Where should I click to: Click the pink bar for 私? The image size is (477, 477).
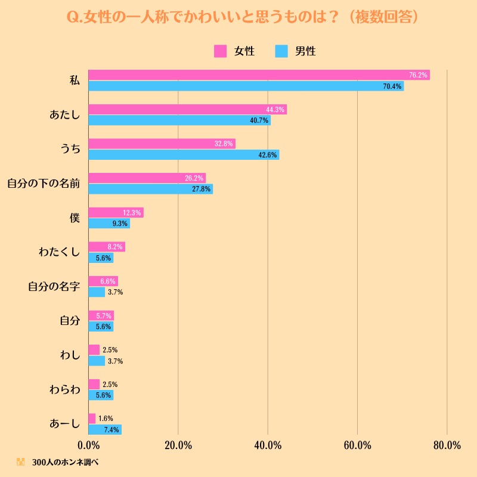click(x=259, y=75)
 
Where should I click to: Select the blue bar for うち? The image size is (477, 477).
click(x=184, y=154)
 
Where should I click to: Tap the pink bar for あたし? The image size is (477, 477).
click(x=188, y=110)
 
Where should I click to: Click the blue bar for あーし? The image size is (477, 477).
click(x=105, y=429)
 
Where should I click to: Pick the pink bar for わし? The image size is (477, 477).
click(x=94, y=350)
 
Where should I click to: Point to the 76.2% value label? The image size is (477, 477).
click(x=418, y=75)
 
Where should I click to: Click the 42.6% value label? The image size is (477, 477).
click(x=267, y=155)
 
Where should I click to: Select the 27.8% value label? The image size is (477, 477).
click(x=201, y=189)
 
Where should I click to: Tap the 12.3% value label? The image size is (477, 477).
click(x=132, y=213)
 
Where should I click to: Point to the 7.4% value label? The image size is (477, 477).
click(x=111, y=430)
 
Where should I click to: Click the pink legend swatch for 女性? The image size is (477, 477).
click(x=220, y=51)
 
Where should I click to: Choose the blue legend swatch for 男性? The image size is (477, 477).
click(x=281, y=51)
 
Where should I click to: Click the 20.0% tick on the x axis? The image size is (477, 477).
click(x=178, y=445)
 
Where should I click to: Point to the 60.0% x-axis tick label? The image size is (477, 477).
click(x=357, y=445)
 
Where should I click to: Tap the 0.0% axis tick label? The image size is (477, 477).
click(x=88, y=445)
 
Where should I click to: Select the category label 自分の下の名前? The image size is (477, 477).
click(x=44, y=184)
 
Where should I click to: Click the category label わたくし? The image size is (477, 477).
click(x=59, y=252)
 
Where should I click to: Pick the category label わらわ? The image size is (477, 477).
click(x=65, y=390)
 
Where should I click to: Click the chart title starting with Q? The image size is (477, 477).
click(x=243, y=17)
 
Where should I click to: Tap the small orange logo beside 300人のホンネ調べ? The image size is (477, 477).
click(x=20, y=461)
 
